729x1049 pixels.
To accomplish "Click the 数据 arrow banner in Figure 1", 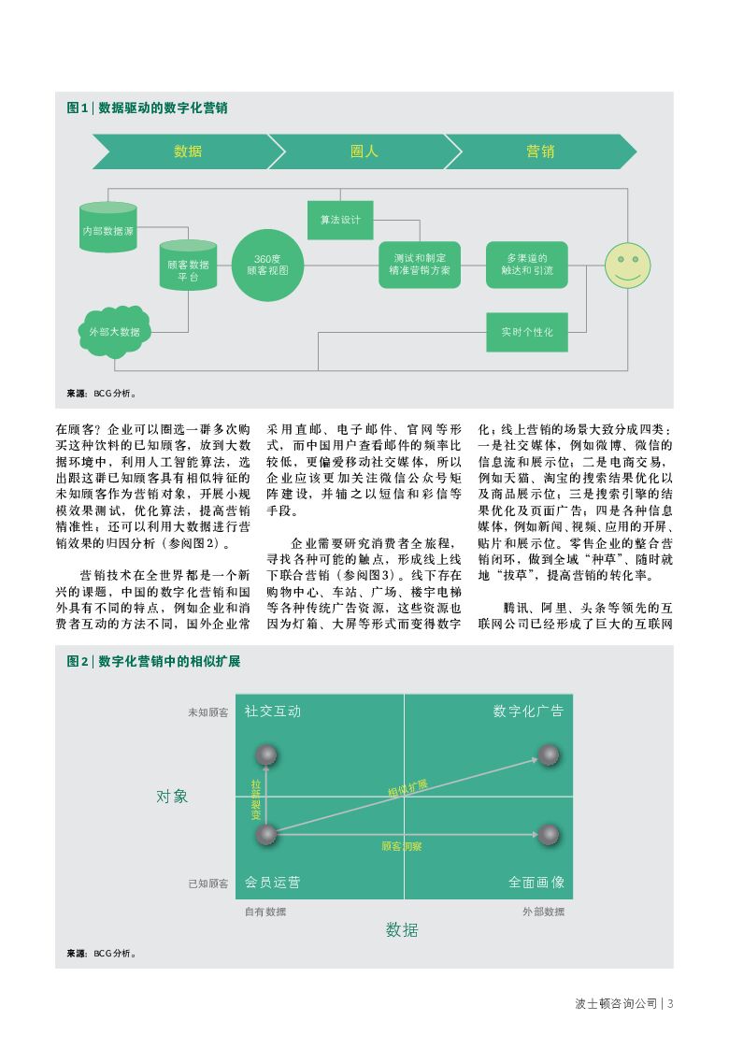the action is coord(187,151).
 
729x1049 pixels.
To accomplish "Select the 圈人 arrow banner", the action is coord(364,151).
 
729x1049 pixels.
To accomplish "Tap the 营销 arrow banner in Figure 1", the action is coord(539,151).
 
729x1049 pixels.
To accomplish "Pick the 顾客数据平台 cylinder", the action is coord(188,270).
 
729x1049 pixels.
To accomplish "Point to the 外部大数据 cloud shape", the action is coord(114,331).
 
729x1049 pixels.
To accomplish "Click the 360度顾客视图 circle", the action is coord(269,265).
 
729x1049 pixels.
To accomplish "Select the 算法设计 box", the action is coord(340,221).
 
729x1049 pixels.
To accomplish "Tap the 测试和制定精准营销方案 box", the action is coord(420,265).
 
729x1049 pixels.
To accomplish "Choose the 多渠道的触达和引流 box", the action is coord(526,265).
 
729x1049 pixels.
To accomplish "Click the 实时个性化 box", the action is coord(526,332).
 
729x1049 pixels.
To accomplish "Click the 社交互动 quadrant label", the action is coord(273,711).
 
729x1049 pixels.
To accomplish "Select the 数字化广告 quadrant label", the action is coord(528,711).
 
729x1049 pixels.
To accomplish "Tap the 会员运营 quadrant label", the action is coord(273,883).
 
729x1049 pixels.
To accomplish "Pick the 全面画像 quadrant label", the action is coord(536,883).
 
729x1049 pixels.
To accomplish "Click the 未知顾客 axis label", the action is coord(207,712).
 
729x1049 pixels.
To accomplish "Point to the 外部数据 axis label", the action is coord(542,912).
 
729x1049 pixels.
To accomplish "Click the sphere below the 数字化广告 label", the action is coord(548,754).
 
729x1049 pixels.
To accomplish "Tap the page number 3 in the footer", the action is coord(670,1004).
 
